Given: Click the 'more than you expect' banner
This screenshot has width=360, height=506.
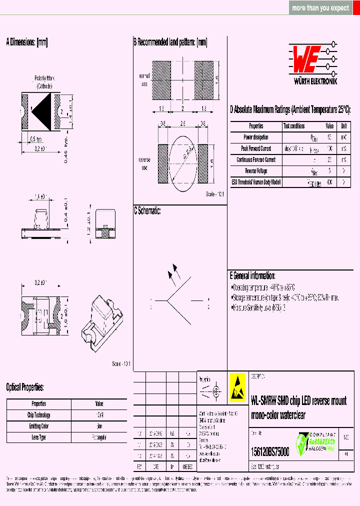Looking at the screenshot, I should tap(320, 8).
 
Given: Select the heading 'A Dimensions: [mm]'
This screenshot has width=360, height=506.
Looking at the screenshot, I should tap(27, 43).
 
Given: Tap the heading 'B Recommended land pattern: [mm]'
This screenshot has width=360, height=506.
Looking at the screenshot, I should tap(170, 43).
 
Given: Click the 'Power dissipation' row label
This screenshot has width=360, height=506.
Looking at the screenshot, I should tap(256, 137).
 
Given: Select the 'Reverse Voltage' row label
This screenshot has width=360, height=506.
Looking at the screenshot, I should tap(256, 171).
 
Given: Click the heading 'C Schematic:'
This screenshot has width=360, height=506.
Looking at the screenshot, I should tap(147, 211).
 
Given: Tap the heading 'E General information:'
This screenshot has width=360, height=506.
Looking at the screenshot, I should tap(252, 276).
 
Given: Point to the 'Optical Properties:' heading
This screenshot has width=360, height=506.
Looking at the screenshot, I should tap(25, 387).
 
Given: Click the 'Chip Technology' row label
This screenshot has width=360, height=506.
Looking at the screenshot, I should tap(39, 415).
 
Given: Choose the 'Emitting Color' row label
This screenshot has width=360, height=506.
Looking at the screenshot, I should tap(39, 426).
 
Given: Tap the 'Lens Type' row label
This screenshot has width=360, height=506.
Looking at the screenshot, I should tap(39, 437).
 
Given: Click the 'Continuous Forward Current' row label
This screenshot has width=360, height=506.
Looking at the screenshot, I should tap(256, 160).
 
